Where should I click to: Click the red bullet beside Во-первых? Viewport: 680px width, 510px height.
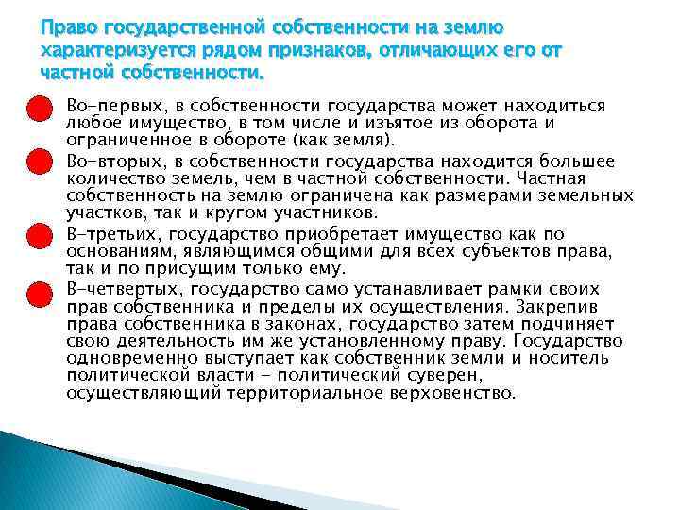tap(37, 107)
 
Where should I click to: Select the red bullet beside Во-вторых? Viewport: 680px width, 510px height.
tap(37, 162)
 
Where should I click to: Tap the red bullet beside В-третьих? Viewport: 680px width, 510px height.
tap(37, 235)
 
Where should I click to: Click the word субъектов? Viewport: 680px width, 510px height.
tap(500, 252)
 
